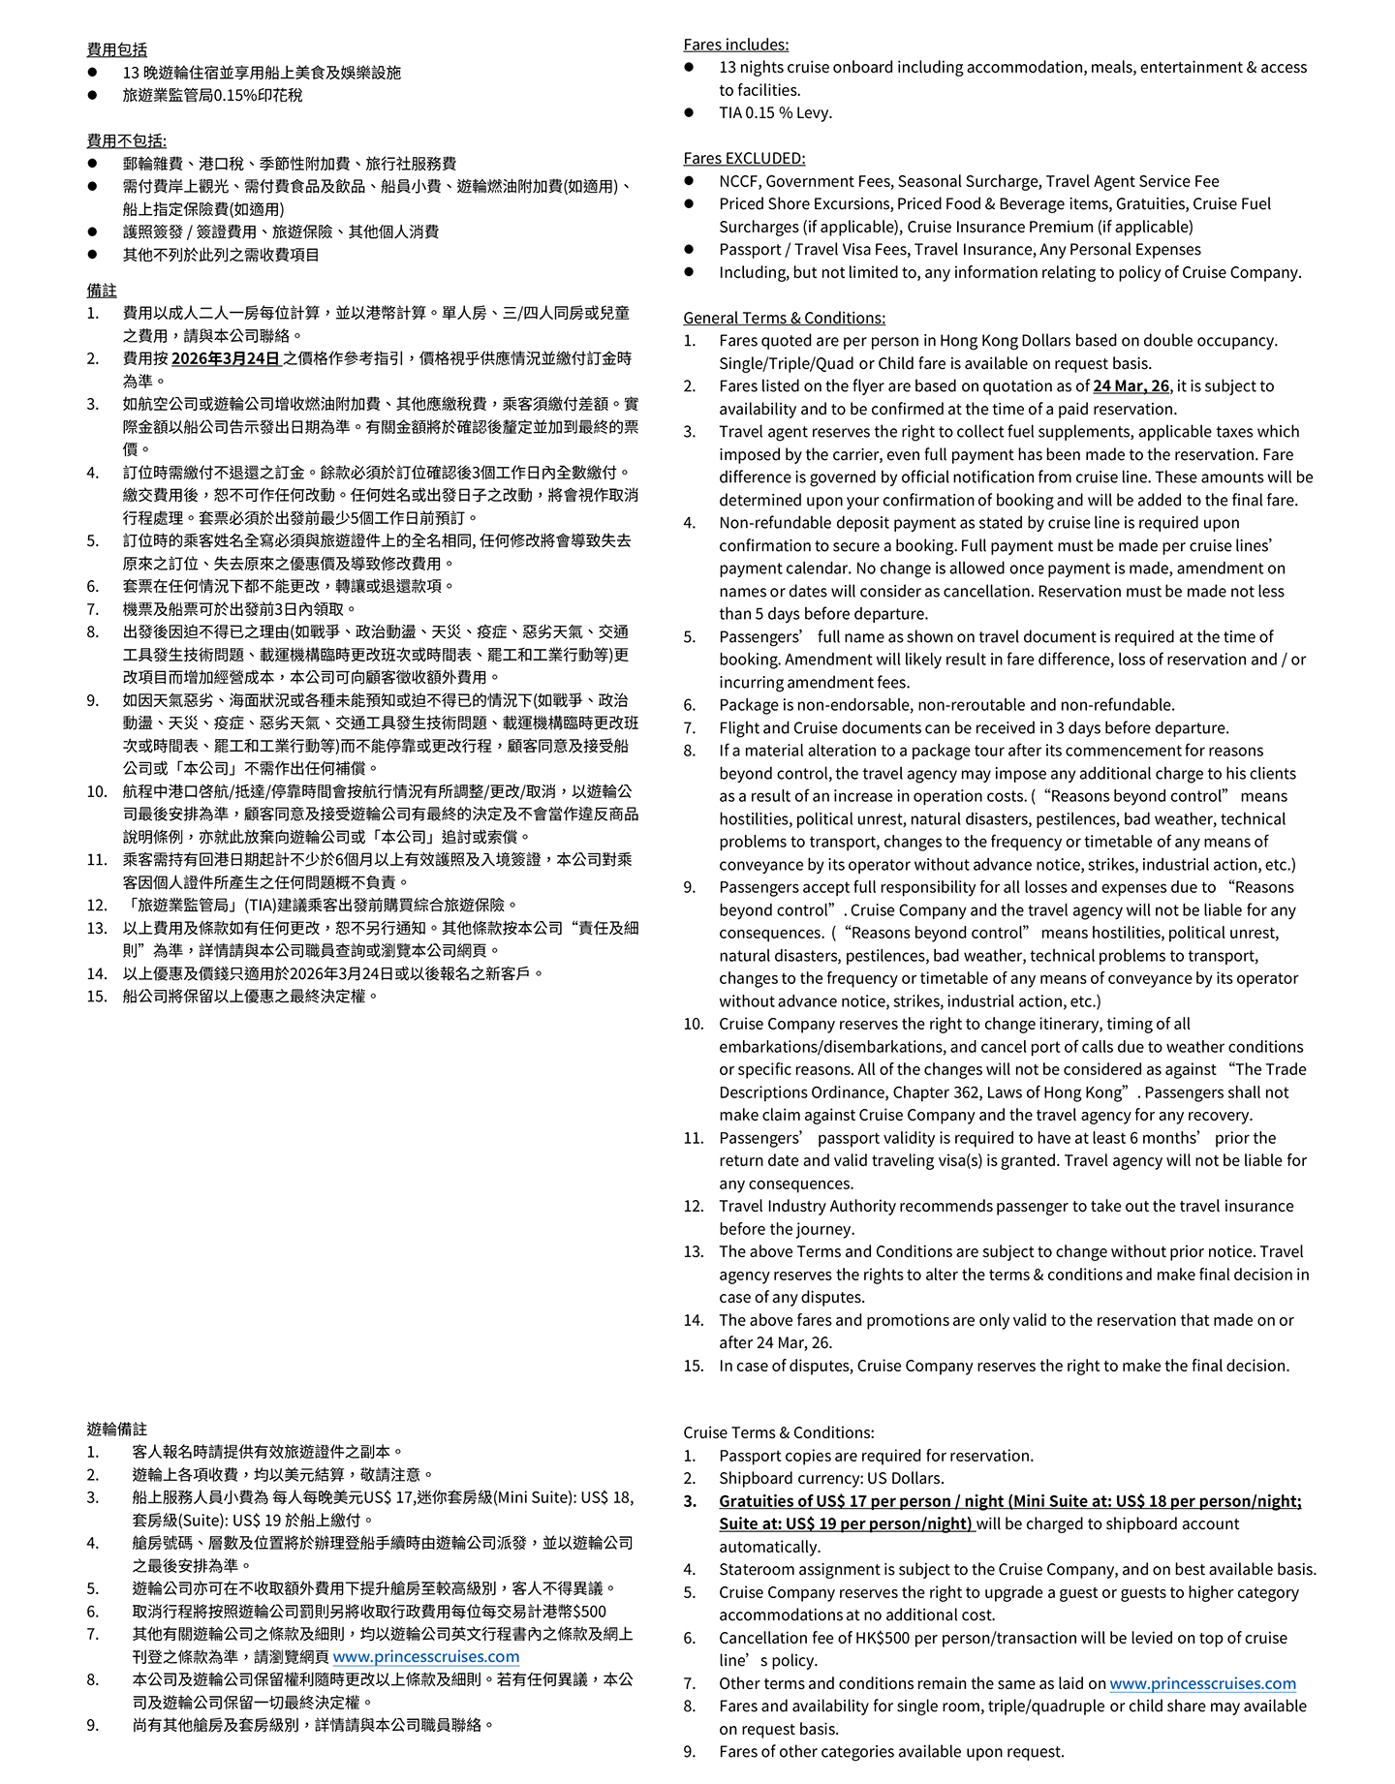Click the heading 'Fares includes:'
pos(735,45)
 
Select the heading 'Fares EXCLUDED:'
pos(744,158)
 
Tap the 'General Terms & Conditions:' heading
pos(784,318)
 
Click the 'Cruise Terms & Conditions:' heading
pos(778,1432)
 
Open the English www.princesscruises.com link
pos(1202,1683)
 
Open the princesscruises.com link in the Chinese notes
pos(425,1656)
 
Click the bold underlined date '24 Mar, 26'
pos(1131,385)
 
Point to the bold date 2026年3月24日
pos(226,358)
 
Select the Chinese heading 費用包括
pos(117,49)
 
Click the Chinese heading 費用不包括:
pos(126,140)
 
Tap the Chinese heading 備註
pos(102,290)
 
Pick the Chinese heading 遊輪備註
pos(117,1429)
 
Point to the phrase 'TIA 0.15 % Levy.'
pos(775,112)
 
